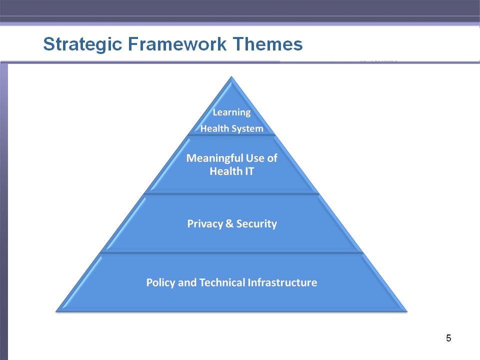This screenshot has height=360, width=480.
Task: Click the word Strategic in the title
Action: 82,44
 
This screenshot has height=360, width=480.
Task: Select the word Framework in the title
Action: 177,44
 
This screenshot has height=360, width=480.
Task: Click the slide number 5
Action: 448,338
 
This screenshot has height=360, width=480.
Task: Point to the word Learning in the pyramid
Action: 231,112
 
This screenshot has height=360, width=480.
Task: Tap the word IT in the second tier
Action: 249,171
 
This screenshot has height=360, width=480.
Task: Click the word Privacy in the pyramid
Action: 205,224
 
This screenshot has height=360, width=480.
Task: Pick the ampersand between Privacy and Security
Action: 229,223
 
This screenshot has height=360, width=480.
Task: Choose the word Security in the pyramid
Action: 256,224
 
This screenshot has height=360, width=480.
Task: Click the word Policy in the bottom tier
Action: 160,282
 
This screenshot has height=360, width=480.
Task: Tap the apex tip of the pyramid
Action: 231,76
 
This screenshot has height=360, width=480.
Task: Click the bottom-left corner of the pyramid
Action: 56,311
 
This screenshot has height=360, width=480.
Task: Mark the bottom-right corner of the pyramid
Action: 407,311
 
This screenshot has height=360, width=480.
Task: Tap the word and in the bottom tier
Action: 187,282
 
